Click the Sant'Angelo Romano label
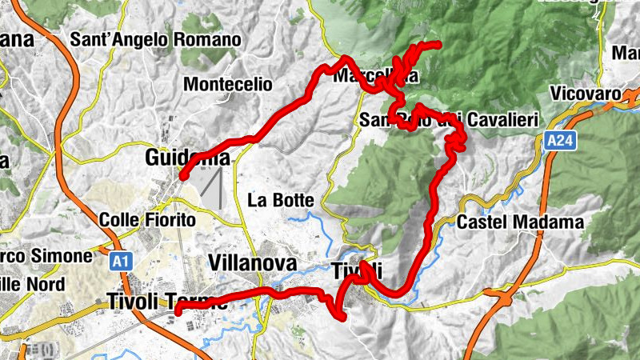point(155,39)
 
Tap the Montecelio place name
point(228,84)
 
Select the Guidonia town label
point(187,158)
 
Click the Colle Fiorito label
point(147,219)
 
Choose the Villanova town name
point(252,263)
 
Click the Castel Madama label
point(522,222)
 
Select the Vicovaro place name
point(586,94)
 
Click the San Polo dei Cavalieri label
point(447,120)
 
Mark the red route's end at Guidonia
point(182,176)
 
